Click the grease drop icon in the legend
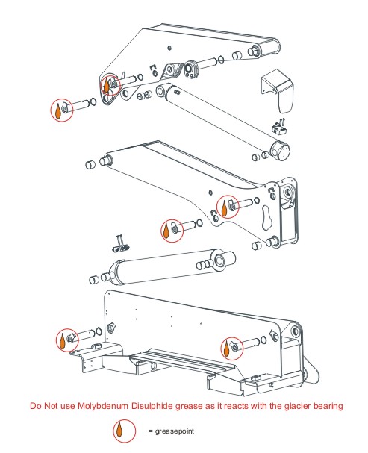118,431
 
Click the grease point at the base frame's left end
66,340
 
